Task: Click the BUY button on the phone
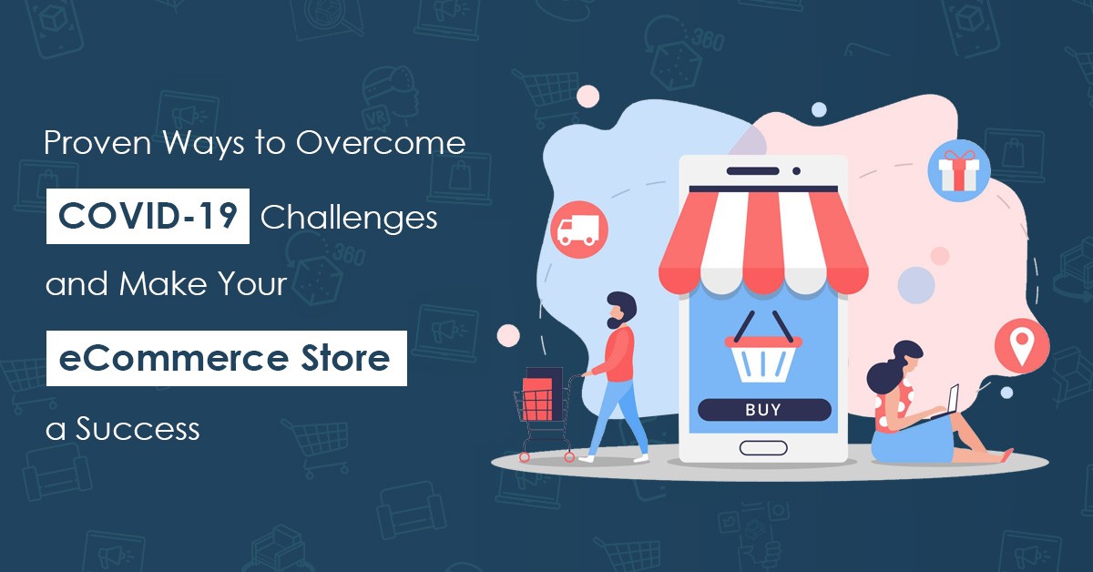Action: click(764, 410)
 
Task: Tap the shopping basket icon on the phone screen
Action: click(763, 348)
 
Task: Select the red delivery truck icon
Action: click(579, 230)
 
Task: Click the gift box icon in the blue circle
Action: click(959, 170)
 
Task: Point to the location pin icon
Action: click(1022, 346)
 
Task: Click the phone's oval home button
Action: click(763, 448)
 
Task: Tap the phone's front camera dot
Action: click(796, 171)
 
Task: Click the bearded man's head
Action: click(620, 310)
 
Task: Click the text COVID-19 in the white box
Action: click(148, 216)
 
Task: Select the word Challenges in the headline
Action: click(349, 217)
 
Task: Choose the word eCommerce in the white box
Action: click(174, 358)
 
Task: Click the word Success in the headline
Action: click(138, 428)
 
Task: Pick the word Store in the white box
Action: click(345, 358)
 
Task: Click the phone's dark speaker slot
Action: click(752, 171)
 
